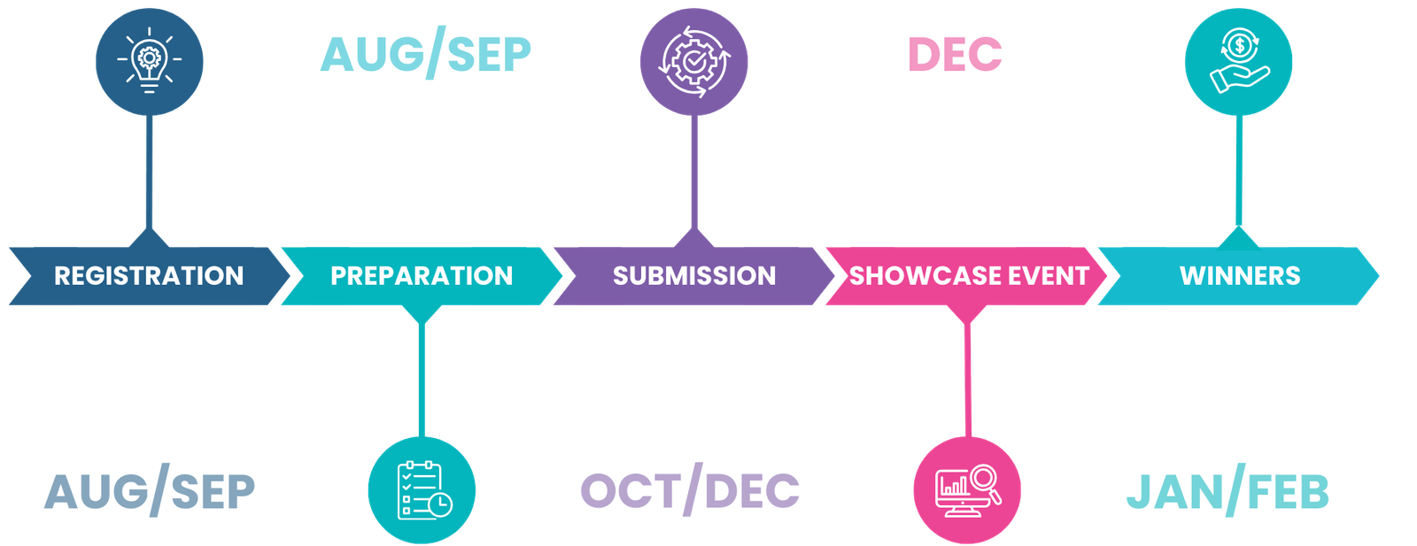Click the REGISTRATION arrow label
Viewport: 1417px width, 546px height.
(149, 276)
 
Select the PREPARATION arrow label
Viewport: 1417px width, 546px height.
(422, 276)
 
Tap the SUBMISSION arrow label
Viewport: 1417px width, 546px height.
(694, 276)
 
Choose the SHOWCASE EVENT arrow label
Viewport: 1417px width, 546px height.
(969, 276)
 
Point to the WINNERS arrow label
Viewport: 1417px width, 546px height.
(1240, 276)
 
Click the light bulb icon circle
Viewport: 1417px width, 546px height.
(150, 61)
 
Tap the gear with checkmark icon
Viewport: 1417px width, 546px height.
(694, 61)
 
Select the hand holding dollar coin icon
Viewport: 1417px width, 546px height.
(1239, 61)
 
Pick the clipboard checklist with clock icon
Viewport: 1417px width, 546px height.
(422, 490)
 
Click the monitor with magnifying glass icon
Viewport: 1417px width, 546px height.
(967, 490)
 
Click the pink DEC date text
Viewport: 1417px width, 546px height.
(955, 54)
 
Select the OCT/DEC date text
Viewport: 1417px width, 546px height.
(690, 490)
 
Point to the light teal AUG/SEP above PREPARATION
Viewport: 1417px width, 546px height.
(426, 54)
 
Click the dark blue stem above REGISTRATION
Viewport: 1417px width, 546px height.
(150, 172)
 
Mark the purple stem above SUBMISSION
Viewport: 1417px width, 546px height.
(694, 172)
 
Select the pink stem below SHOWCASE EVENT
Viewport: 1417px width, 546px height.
(967, 380)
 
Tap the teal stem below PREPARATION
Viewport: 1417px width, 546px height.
(422, 380)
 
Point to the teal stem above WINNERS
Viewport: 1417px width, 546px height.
(1239, 171)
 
